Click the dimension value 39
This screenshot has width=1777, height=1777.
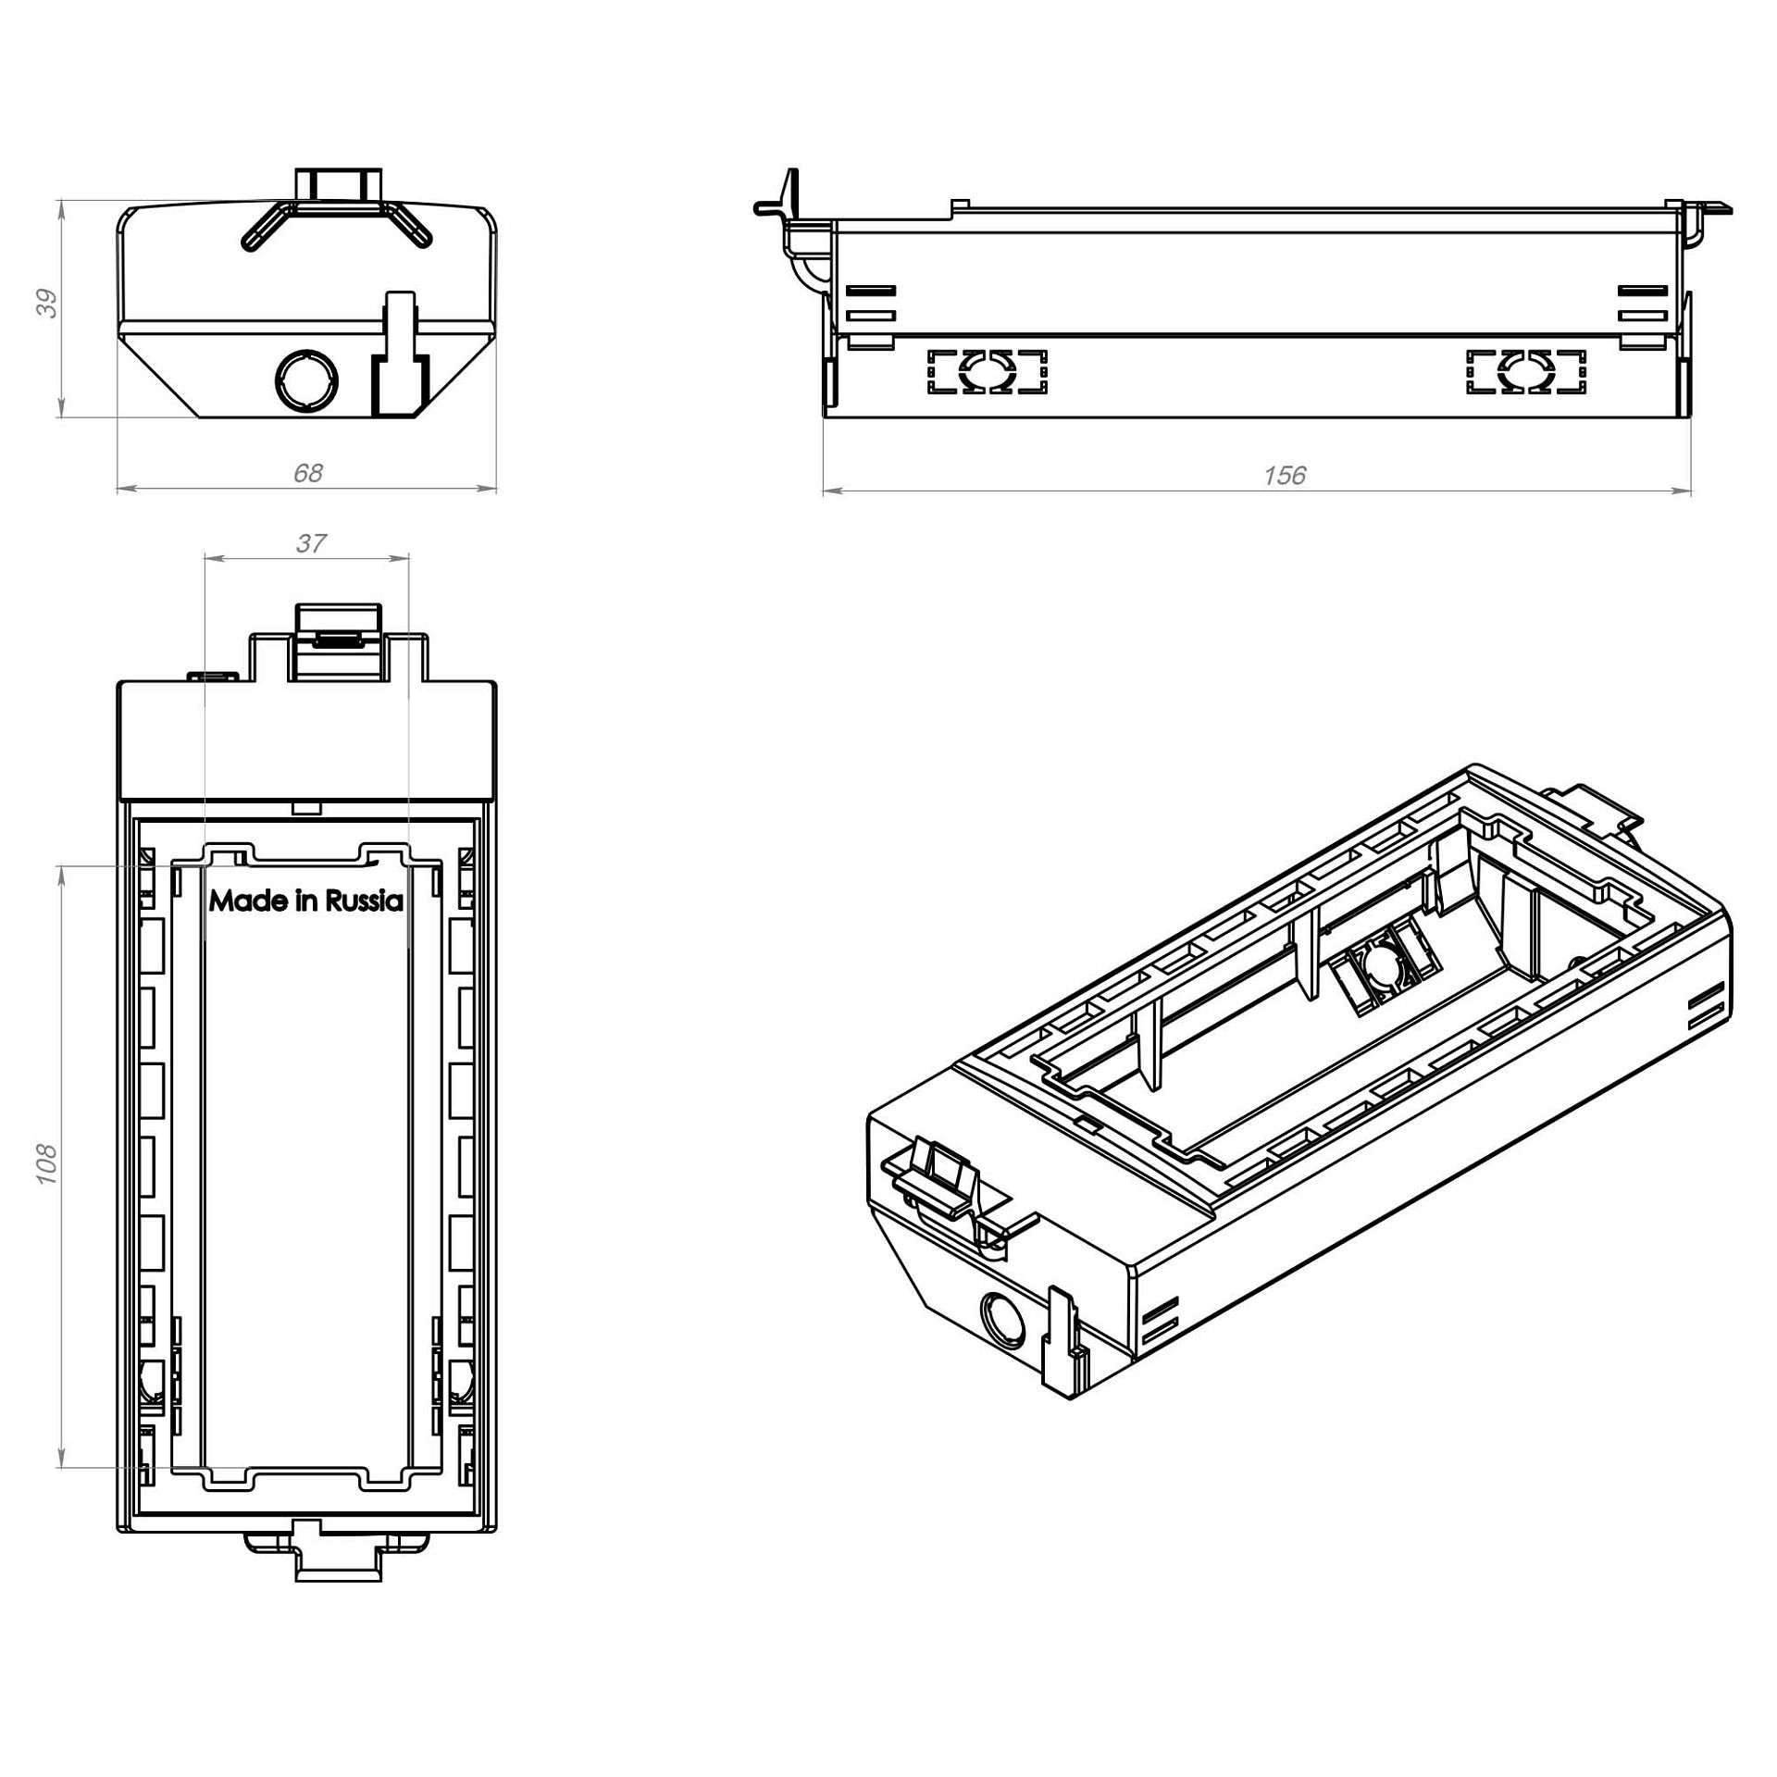tap(47, 304)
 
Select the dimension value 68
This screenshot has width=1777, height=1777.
tap(307, 473)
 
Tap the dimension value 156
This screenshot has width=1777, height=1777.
tap(1285, 475)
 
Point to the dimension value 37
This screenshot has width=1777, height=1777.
tap(311, 543)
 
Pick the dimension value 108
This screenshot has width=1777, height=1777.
tap(46, 1164)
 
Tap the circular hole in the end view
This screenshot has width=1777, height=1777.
tap(307, 380)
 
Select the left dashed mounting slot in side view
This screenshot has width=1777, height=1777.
tap(988, 371)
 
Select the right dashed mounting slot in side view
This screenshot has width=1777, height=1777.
tap(1526, 371)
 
